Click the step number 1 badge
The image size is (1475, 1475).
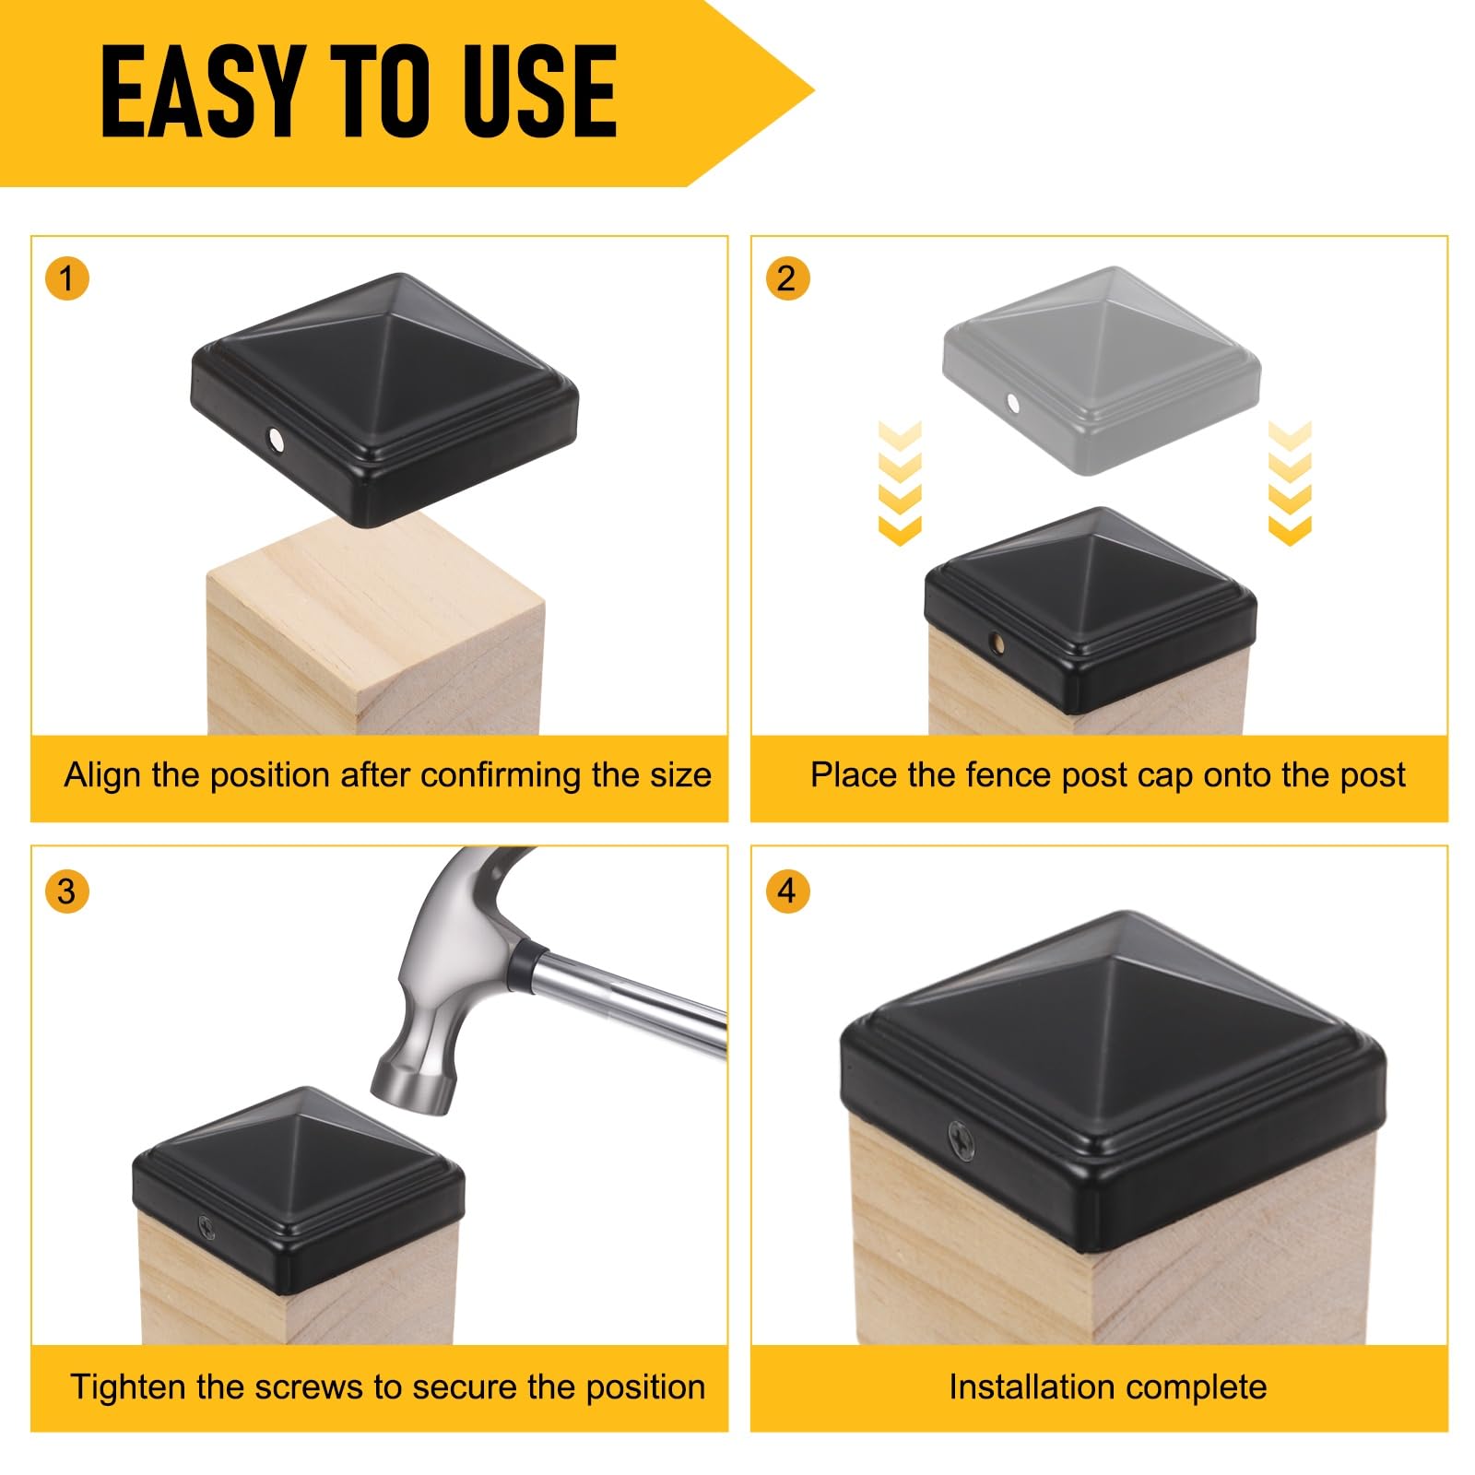pos(66,277)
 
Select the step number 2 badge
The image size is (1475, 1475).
pos(786,277)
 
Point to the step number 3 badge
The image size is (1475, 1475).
pos(66,891)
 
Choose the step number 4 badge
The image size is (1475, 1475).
pos(786,891)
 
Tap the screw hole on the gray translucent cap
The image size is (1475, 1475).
pos(1013,403)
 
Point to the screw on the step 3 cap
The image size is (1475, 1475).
pos(206,1227)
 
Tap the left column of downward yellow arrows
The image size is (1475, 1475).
pos(900,482)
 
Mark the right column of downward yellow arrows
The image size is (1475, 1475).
pos(1290,482)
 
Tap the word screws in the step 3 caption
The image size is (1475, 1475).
pos(308,1387)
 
